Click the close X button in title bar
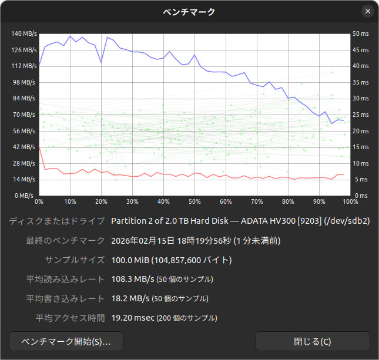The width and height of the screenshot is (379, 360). click(368, 11)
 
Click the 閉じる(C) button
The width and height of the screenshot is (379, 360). click(313, 341)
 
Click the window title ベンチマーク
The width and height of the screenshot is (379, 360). click(189, 11)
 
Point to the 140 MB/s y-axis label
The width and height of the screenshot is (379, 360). click(24, 33)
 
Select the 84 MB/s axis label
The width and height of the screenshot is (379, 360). click(25, 98)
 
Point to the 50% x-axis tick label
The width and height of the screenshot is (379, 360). click(194, 201)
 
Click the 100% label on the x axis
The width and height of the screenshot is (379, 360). click(350, 201)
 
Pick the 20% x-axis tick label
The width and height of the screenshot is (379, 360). click(101, 201)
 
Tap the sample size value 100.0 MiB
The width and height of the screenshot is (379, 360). click(130, 260)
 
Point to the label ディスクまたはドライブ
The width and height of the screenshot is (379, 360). click(57, 221)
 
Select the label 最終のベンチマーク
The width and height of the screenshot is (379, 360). click(66, 240)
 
